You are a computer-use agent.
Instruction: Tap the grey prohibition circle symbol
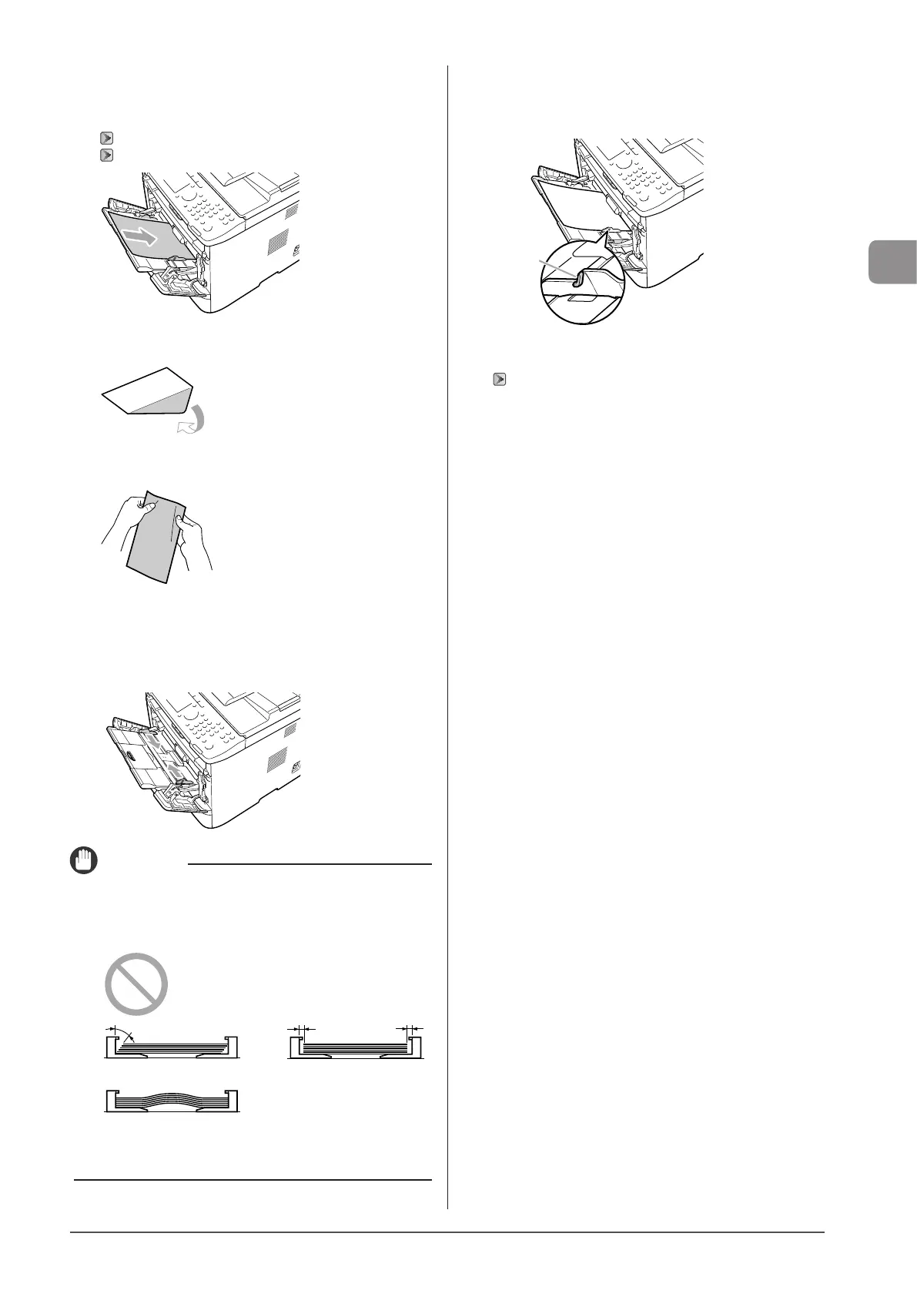(136, 984)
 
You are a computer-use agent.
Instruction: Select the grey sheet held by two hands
(156, 539)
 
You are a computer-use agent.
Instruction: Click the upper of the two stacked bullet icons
(106, 139)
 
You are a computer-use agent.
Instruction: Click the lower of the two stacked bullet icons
(106, 155)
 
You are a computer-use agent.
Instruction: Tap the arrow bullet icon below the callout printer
(500, 379)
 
